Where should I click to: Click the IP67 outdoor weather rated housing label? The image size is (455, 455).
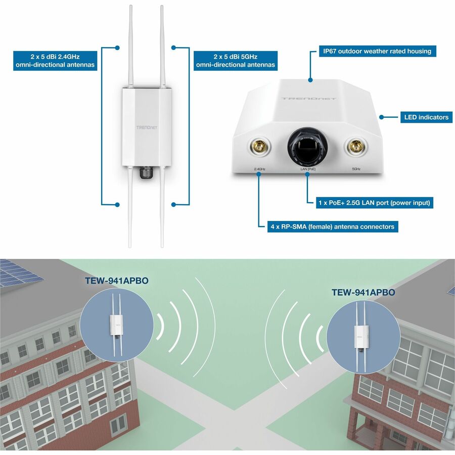coord(377,51)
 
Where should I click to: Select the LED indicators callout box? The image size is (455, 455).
coord(426,117)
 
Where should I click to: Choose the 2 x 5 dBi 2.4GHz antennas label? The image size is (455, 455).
coord(55,61)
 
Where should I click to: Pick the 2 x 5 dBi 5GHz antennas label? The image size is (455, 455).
coord(235,61)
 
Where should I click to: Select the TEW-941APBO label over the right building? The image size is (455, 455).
coord(363,292)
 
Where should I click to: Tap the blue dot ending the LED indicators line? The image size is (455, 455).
coord(382,117)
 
